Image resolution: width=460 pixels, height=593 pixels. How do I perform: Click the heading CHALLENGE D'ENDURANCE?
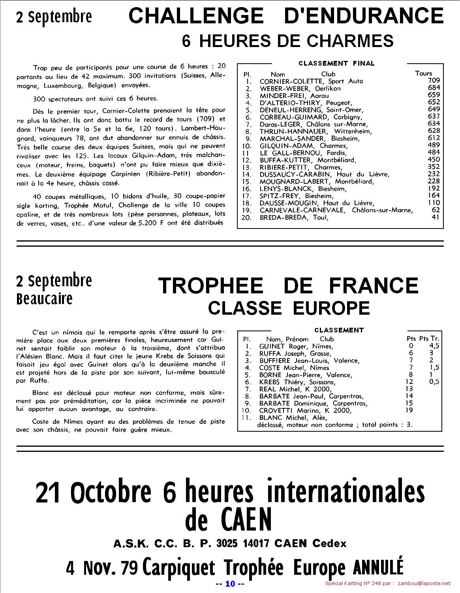click(x=286, y=16)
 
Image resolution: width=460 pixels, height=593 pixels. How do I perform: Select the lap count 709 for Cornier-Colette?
click(x=434, y=81)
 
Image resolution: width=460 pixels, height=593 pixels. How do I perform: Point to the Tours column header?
click(x=424, y=73)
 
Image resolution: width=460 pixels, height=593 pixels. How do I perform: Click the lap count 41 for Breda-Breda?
click(x=435, y=217)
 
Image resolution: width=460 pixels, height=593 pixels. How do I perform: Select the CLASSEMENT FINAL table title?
click(x=336, y=63)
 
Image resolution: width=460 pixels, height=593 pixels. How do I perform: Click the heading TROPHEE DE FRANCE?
click(x=288, y=285)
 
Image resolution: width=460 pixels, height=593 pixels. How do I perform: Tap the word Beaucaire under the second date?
click(x=45, y=298)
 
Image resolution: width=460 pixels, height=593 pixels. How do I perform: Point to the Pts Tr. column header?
click(x=429, y=339)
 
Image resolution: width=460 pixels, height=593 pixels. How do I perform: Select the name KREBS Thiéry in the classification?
click(x=282, y=382)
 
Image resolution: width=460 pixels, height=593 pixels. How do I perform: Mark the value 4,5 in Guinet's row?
click(x=434, y=346)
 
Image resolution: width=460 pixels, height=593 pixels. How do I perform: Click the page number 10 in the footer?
click(x=230, y=584)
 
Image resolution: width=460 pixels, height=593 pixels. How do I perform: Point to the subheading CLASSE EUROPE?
click(x=289, y=308)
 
